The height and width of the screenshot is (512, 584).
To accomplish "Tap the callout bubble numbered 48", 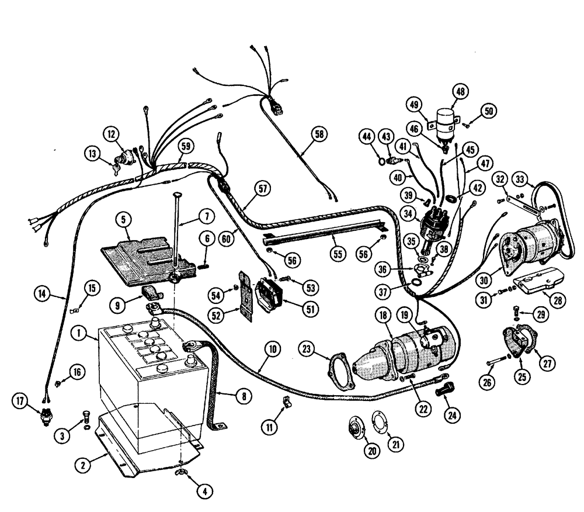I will coord(460,91).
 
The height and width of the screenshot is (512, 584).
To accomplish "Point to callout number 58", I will coord(319,134).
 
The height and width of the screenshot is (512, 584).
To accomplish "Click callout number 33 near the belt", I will coord(521,178).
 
